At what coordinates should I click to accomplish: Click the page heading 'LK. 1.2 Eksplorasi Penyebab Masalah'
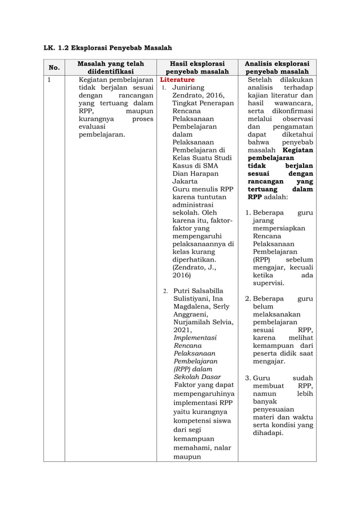click(108, 47)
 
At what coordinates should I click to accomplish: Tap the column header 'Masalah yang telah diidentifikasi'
click(111, 67)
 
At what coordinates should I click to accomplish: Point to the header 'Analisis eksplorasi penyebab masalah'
click(276, 67)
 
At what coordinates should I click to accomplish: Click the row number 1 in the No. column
click(50, 80)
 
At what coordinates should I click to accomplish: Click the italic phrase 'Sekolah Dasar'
click(197, 376)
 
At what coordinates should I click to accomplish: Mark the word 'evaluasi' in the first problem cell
click(93, 127)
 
